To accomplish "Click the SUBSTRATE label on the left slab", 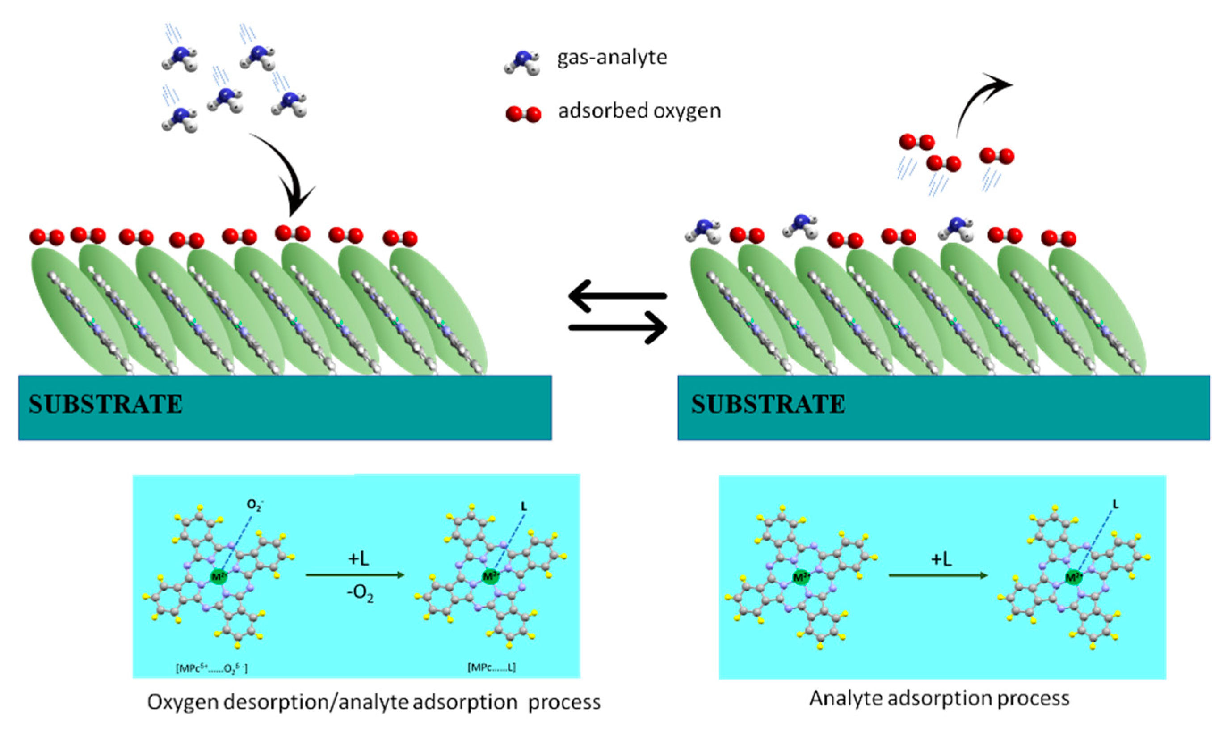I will click(105, 405).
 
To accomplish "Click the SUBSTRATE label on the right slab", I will click(768, 405).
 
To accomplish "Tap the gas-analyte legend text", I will click(612, 58).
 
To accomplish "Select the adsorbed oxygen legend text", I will click(639, 110).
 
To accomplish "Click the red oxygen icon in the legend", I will click(523, 114).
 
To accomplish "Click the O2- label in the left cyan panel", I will click(254, 506).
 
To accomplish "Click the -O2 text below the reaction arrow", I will click(360, 593).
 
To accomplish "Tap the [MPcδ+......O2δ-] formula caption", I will click(212, 669).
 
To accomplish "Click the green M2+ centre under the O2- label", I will click(218, 577).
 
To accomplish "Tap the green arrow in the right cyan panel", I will click(937, 575).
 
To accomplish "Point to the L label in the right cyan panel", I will click(1115, 504).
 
